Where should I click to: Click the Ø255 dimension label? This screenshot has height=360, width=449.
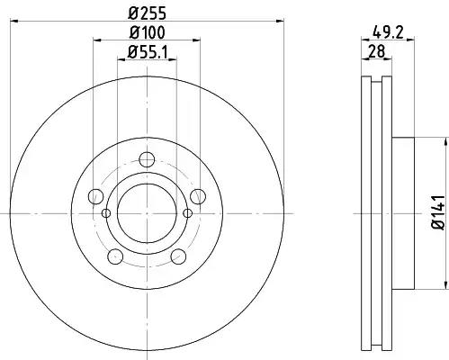(x=147, y=13)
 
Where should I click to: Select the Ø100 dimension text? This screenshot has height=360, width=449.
(x=147, y=32)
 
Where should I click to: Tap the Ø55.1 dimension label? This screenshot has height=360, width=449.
(x=147, y=52)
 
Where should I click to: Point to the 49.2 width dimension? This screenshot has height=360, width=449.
(x=388, y=31)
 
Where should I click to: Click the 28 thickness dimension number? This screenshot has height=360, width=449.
(x=376, y=51)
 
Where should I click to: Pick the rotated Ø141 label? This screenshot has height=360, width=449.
(x=438, y=212)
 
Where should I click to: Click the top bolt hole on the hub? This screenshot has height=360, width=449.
(x=147, y=159)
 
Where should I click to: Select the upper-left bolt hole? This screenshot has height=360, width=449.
(x=96, y=196)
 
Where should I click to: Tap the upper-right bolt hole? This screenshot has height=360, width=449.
(x=198, y=196)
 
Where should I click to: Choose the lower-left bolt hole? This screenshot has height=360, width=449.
(x=115, y=256)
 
